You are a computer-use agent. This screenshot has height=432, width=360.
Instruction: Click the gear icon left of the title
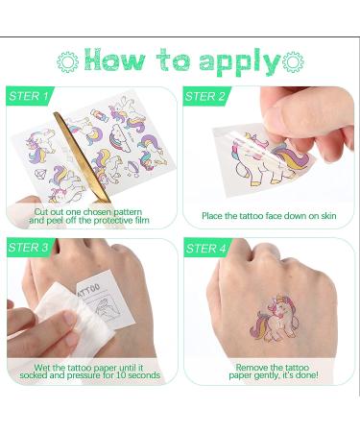(x=67, y=61)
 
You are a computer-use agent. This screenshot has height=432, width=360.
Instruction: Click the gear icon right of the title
(x=293, y=61)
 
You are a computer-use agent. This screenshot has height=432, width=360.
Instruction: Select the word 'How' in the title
(x=115, y=60)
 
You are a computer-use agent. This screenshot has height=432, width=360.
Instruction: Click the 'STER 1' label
(x=29, y=96)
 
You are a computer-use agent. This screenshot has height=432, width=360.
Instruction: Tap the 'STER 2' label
(x=204, y=96)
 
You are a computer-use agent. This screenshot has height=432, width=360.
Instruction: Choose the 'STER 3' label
(x=28, y=248)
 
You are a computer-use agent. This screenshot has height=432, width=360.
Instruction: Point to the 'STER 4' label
(x=206, y=249)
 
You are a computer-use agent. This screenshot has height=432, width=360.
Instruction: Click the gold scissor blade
(x=82, y=156)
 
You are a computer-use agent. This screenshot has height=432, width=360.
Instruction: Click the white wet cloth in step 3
(x=74, y=319)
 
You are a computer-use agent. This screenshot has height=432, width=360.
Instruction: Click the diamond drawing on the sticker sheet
(x=40, y=174)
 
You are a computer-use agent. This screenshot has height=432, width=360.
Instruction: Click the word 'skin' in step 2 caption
(x=328, y=216)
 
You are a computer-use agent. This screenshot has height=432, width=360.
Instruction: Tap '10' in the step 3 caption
(x=121, y=374)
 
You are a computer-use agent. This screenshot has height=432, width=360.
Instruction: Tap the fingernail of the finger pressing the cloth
(x=70, y=319)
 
